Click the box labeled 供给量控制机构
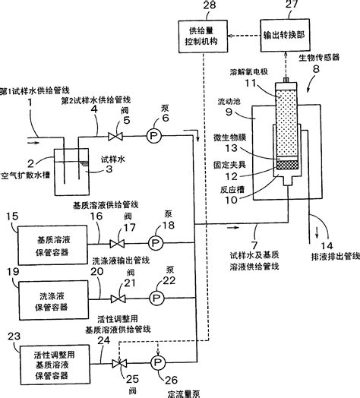[201, 36]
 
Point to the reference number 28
[201, 7]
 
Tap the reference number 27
[286, 7]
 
